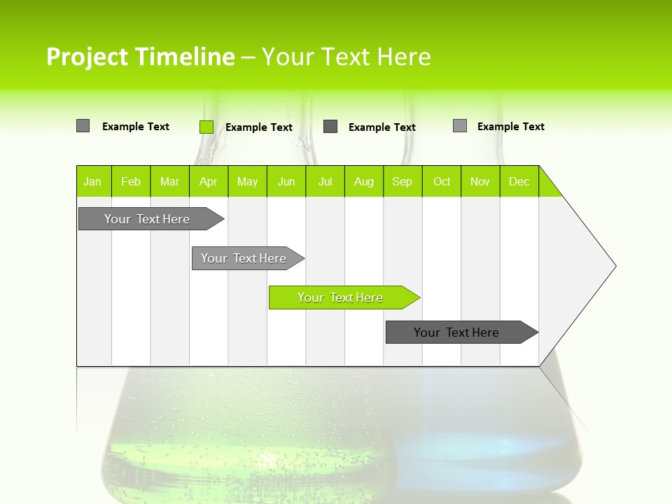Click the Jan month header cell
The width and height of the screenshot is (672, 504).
[93, 181]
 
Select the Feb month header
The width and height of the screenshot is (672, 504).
[131, 181]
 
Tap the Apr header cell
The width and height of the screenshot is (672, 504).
[209, 181]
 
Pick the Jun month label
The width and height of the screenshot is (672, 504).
[286, 181]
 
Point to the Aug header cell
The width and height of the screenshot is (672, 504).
[364, 181]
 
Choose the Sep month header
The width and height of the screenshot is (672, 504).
[402, 181]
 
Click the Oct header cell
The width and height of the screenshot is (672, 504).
[442, 181]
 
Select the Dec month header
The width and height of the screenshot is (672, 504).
[519, 181]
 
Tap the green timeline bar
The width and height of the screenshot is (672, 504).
[341, 297]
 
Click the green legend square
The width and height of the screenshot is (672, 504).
[206, 127]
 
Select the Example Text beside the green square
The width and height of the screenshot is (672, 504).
[259, 127]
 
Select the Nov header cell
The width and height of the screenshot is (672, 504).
[480, 181]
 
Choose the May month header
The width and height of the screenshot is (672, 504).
[247, 181]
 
